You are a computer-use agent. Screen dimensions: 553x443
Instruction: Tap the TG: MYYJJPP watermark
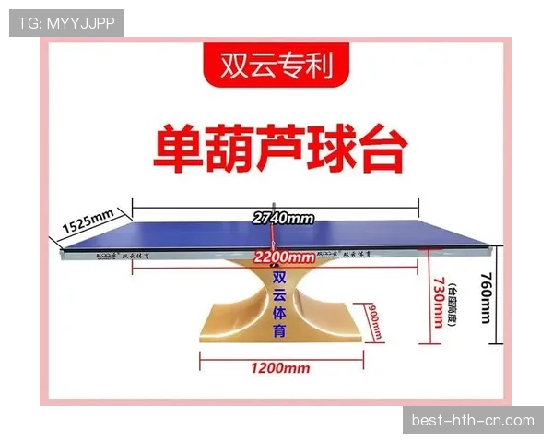coord(66,22)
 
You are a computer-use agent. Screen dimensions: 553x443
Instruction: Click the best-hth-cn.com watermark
coord(472,420)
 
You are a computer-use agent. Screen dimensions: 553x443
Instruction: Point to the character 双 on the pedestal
coord(280,277)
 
